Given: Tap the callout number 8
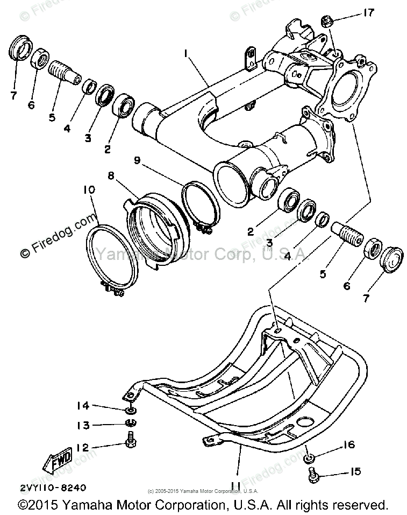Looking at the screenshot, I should click(111, 175).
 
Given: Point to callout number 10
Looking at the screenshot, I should click(88, 191).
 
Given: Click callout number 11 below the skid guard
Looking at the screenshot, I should click(235, 485).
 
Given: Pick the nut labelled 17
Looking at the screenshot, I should click(326, 22).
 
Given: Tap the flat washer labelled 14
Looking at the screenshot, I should click(130, 411).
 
